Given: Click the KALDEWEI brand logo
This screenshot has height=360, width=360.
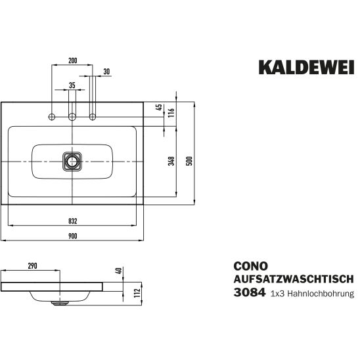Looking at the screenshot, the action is pos(307,67).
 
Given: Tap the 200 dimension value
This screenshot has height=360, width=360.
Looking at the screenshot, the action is pos(72,60).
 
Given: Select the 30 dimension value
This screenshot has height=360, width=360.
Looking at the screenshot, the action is pos(106,72).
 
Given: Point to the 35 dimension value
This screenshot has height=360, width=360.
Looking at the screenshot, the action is pos(72,85).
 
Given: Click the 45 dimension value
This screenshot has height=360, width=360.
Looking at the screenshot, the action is pos(159,108).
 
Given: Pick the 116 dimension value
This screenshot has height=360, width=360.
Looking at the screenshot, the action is pos(171,112).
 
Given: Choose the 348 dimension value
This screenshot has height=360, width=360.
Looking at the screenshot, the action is pos(171,161).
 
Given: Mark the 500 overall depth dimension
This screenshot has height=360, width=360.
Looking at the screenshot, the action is pos(189,161).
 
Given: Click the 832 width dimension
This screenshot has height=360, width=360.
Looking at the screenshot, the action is pos(72,221).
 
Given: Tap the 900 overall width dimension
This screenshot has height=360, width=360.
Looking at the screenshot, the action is pos(72,236).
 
